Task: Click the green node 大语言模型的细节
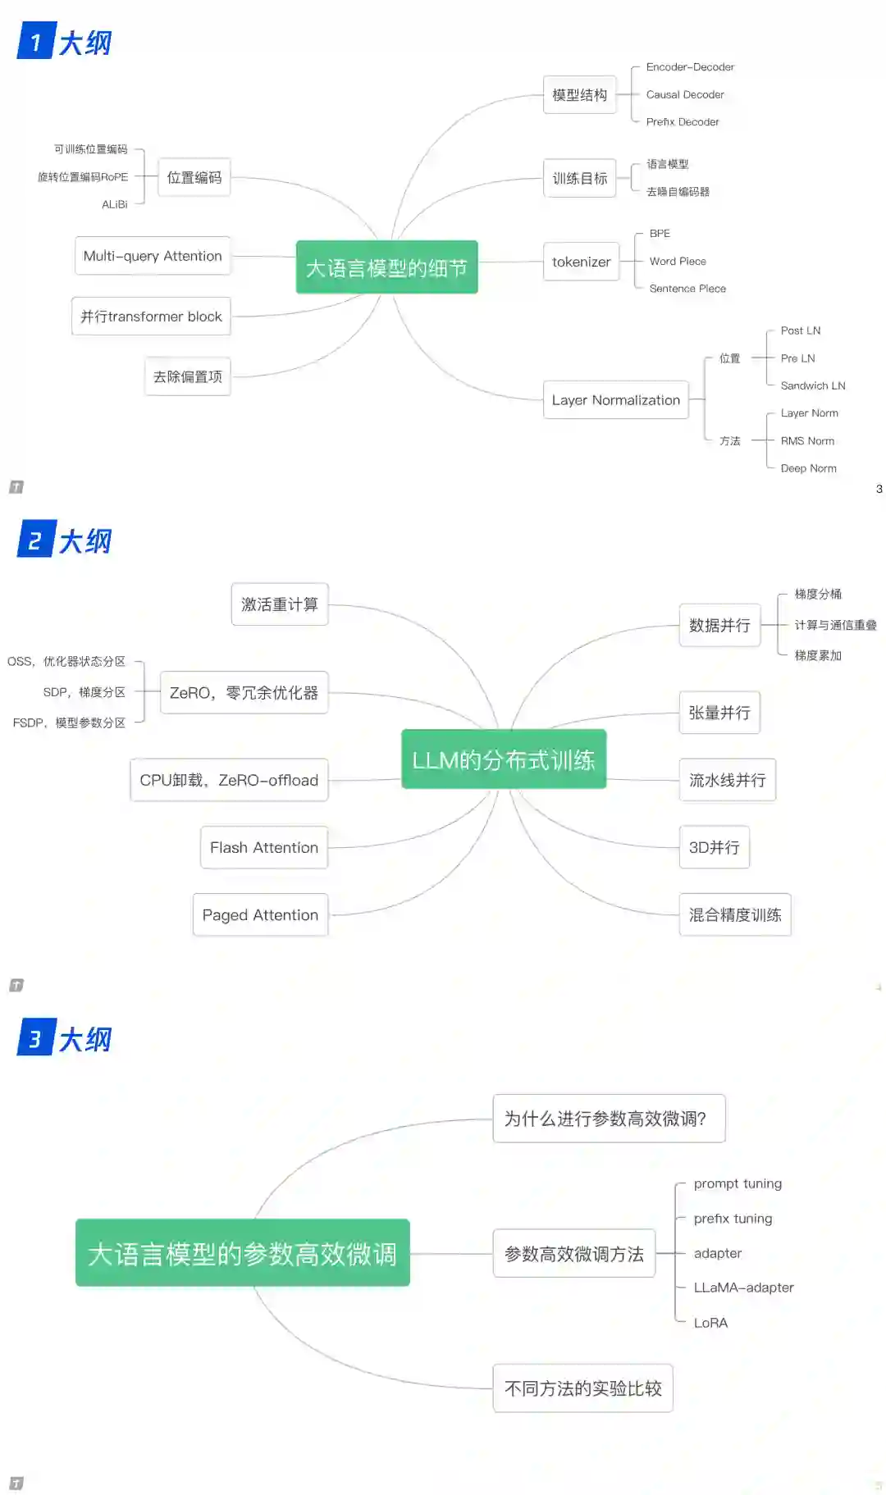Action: [386, 267]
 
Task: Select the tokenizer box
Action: [581, 262]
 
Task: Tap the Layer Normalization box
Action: [615, 400]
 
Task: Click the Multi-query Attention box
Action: [153, 256]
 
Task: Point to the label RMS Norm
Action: [807, 441]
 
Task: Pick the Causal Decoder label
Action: [685, 94]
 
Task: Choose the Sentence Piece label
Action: [687, 289]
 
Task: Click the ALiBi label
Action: [115, 204]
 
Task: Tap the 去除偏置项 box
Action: [188, 376]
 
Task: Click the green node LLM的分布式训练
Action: [504, 759]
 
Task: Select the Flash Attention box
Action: [264, 847]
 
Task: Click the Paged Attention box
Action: [260, 914]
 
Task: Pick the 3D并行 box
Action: [714, 847]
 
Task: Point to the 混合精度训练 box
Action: [734, 914]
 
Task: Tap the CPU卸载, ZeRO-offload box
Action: [229, 780]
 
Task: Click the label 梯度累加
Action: [818, 655]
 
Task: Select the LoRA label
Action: [710, 1323]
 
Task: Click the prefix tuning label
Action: [733, 1219]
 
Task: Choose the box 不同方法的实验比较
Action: [582, 1388]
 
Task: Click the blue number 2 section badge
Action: [35, 540]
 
